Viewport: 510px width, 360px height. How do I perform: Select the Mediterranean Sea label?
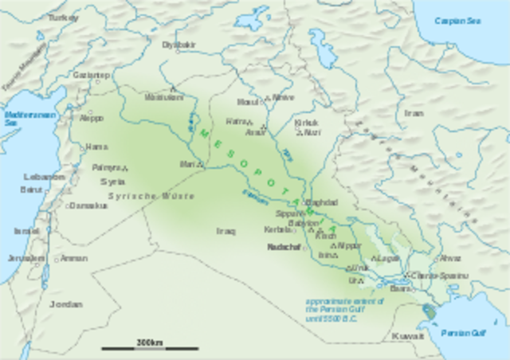tap(21, 118)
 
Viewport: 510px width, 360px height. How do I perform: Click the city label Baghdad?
tap(322, 202)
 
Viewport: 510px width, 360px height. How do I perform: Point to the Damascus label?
tap(88, 205)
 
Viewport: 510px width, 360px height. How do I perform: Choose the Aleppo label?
tap(92, 118)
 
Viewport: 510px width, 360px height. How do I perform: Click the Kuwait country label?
tap(408, 337)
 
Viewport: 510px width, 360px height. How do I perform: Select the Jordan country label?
tap(65, 304)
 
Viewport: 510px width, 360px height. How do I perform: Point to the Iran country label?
tap(414, 113)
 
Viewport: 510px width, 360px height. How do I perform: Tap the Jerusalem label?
tap(22, 259)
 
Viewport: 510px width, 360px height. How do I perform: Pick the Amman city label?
tap(73, 258)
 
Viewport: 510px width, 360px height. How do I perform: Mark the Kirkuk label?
tap(306, 123)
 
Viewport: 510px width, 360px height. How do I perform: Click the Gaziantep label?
tap(90, 74)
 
